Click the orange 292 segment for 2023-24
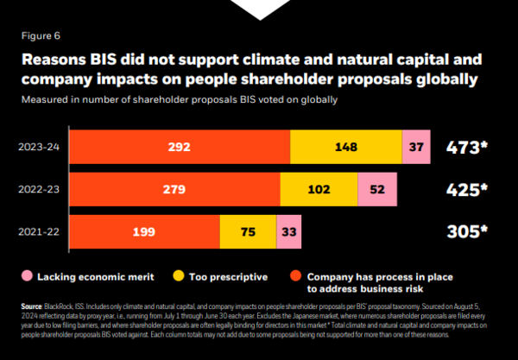pos(180,147)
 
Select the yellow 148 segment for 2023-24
pos(345,147)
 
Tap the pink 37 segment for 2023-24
pos(415,147)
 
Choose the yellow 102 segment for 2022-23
pos(319,188)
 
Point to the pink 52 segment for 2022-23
pos(376,188)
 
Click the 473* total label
pos(465,146)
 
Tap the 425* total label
pos(465,188)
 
